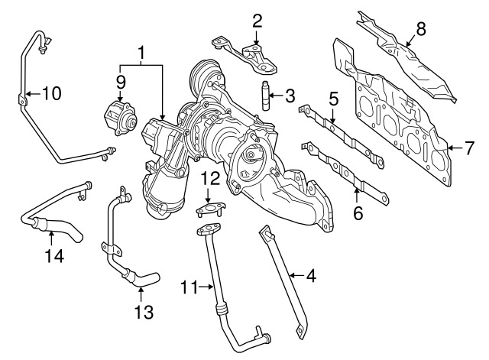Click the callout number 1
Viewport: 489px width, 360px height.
[x=141, y=54]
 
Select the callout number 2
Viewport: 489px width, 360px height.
[x=257, y=21]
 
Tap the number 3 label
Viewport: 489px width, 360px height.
[x=290, y=96]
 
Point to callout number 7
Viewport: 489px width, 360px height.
[x=468, y=148]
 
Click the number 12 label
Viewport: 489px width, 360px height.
[x=210, y=179]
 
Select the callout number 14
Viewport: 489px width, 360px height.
[x=54, y=255]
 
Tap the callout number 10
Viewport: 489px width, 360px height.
[x=51, y=93]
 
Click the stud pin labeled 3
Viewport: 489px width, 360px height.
[x=266, y=95]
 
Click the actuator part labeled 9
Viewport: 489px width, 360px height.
[x=121, y=117]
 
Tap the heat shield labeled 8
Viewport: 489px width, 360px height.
[x=406, y=57]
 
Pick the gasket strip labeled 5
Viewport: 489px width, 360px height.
[x=342, y=135]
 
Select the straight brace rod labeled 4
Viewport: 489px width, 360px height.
[x=283, y=281]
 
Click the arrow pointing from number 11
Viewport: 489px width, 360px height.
[x=206, y=287]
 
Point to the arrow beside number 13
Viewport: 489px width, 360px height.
[x=141, y=294]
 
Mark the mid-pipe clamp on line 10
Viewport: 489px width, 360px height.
[x=22, y=100]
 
